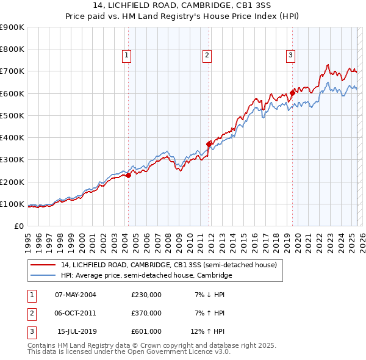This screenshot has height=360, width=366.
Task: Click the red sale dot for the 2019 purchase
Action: coord(292,93)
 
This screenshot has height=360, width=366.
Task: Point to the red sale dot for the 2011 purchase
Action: coord(209,144)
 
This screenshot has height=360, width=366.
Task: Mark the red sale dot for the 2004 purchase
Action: coord(128,176)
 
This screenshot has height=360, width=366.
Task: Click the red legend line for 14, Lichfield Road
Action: coord(43,265)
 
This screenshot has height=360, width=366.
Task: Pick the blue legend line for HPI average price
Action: coord(43,276)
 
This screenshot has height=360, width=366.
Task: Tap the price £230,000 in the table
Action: coord(146,295)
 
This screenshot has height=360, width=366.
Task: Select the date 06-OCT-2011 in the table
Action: coord(75,313)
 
